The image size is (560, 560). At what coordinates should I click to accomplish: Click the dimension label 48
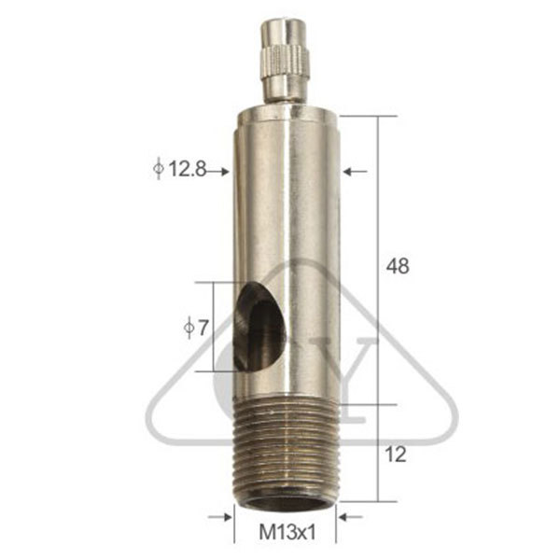coord(398,266)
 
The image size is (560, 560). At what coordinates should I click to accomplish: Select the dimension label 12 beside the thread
coord(396,455)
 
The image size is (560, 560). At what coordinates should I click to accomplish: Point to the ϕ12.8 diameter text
coord(179,169)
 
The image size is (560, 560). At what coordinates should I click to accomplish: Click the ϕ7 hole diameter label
coord(196,328)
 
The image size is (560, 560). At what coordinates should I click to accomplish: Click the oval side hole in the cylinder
coord(260,326)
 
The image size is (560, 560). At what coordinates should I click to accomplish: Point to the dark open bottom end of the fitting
coord(286,503)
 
